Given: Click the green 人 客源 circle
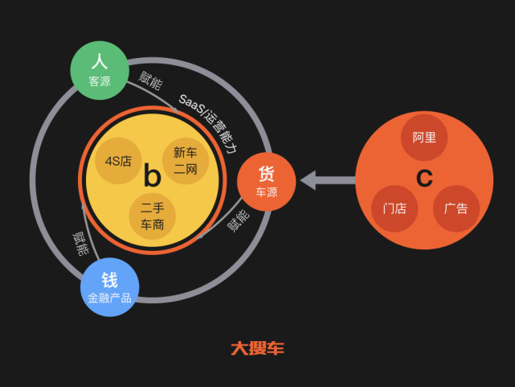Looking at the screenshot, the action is pos(100,70).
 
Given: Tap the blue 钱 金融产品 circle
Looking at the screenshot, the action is pos(110,287).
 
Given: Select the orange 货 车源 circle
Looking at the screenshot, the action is pos(267,182).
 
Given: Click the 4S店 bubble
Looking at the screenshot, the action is pos(118,161).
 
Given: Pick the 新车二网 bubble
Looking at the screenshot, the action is pos(186,161).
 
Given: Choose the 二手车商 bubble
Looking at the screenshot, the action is pos(152,216).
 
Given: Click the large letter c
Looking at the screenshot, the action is pos(424,178).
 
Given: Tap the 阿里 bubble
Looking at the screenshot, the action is pos(424,138).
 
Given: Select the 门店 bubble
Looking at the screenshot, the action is pos(394,208).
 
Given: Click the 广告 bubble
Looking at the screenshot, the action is pos(456,208).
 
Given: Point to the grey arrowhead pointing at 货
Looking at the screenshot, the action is pos(308,180).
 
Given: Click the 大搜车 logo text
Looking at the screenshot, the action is pos(257,348).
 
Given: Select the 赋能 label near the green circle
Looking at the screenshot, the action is pos(150,80).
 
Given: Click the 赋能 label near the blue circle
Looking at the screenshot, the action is pos(80,244).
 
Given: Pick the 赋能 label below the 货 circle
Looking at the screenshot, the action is pos(239,220).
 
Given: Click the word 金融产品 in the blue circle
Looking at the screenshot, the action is pos(110,298).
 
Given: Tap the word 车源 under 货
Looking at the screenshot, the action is pos(267,192).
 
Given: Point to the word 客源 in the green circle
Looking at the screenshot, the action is pos(100,81).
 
